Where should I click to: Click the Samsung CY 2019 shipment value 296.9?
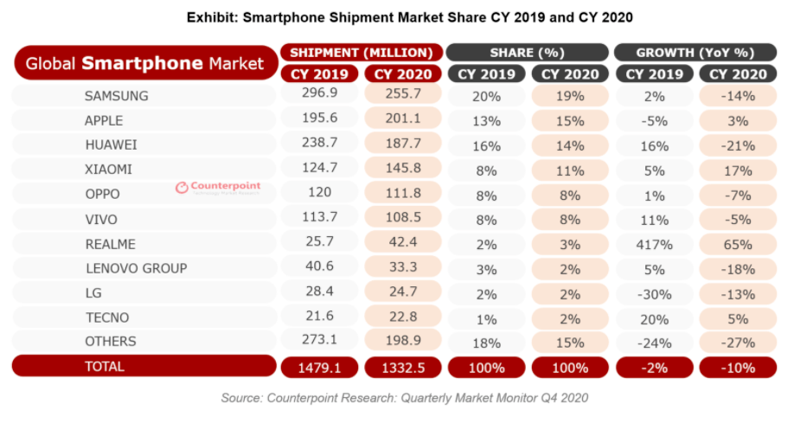click(x=319, y=93)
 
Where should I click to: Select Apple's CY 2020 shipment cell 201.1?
click(x=403, y=118)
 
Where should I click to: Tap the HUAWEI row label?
click(x=111, y=144)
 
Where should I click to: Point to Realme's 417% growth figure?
click(x=654, y=245)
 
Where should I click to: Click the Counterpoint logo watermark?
click(x=218, y=188)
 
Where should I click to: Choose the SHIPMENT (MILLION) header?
click(x=362, y=53)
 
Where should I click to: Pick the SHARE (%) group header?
click(x=527, y=53)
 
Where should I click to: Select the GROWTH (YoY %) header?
click(x=695, y=53)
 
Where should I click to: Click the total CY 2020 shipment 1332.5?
click(x=403, y=368)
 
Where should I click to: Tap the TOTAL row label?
click(x=105, y=366)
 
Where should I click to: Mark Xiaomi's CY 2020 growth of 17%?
click(x=738, y=170)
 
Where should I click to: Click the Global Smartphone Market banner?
click(x=146, y=63)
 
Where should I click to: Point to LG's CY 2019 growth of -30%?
click(x=654, y=294)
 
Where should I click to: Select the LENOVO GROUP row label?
click(x=136, y=268)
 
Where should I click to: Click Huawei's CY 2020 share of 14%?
click(x=570, y=146)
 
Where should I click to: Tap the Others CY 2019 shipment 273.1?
click(x=319, y=339)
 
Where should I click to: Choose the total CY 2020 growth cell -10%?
click(x=738, y=368)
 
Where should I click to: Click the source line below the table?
click(x=405, y=398)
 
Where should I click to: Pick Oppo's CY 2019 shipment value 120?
click(x=319, y=192)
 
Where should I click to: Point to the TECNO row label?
click(x=107, y=317)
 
